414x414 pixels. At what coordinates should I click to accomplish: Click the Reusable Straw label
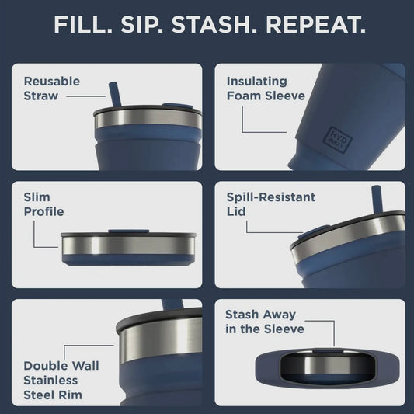pos(52,89)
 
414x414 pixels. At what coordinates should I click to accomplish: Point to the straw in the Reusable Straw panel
pos(115,94)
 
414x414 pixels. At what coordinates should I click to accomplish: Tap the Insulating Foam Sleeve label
pos(266,89)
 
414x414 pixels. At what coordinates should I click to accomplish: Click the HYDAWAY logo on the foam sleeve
pos(338,139)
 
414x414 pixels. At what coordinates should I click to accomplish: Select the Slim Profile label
pos(43,204)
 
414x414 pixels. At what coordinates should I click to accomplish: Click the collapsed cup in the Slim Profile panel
pos(128,248)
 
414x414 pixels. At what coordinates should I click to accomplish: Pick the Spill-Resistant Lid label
pos(271,204)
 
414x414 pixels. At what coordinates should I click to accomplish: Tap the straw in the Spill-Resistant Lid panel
pos(377,199)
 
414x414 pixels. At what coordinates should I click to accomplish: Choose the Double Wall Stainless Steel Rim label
pos(61,380)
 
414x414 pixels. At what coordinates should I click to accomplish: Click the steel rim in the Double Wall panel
pos(161,339)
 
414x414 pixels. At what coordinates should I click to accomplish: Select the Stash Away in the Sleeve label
pos(265,322)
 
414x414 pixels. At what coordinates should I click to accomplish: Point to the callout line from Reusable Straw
pos(85,96)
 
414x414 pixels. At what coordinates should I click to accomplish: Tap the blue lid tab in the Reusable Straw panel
pos(177,106)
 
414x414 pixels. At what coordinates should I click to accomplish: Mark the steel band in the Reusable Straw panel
pos(148,118)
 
